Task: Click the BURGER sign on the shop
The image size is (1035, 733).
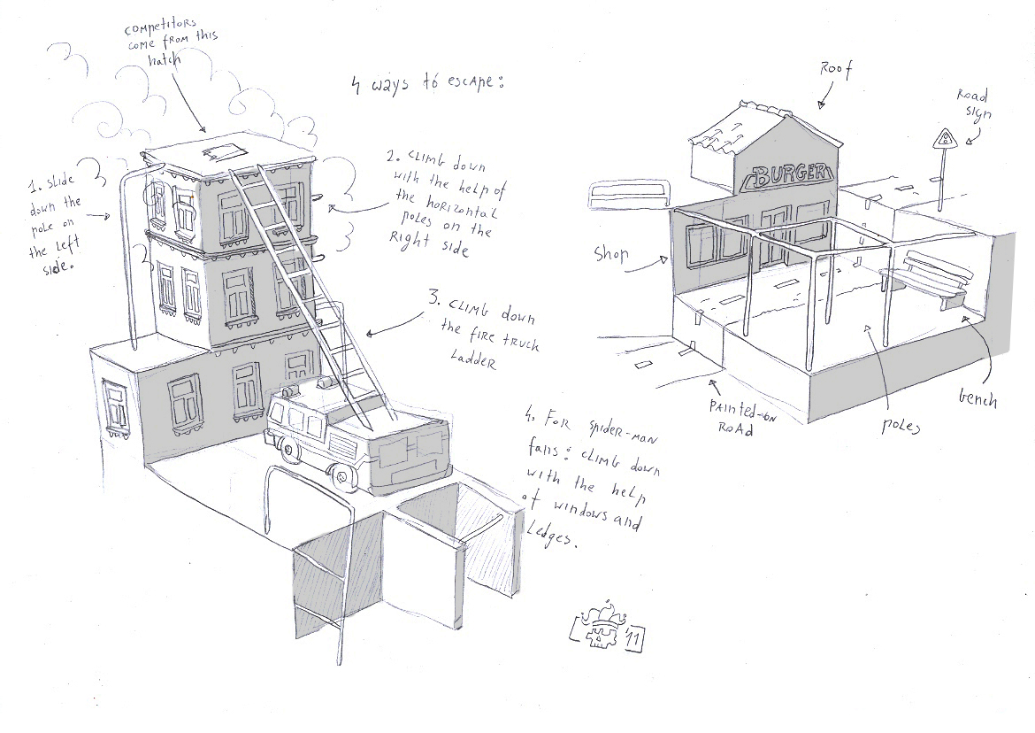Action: (791, 176)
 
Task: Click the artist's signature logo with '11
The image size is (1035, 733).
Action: (609, 631)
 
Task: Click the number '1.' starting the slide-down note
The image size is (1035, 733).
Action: (34, 186)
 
